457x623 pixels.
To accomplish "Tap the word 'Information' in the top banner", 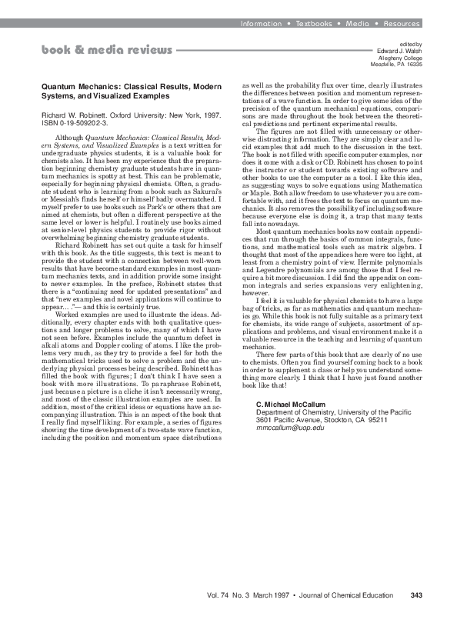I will pos(261,24).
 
